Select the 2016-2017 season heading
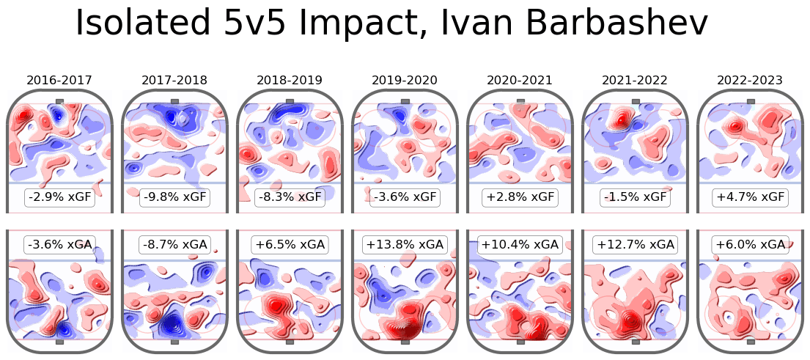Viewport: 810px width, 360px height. (59, 80)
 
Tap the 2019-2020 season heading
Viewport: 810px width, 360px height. (404, 80)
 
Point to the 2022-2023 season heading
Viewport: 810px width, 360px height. (749, 80)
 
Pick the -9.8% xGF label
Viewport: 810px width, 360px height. (174, 197)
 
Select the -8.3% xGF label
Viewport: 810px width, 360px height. (289, 197)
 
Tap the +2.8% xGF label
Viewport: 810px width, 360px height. (519, 197)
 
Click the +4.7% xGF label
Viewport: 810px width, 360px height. (749, 197)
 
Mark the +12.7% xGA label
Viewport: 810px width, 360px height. (634, 244)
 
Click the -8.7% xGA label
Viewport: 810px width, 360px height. (174, 244)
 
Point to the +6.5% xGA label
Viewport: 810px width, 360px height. (289, 244)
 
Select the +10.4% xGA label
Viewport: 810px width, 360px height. (519, 244)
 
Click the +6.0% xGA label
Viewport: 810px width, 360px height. (749, 244)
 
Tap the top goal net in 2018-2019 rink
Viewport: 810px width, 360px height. (289, 101)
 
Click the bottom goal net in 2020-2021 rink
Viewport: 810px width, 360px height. (519, 342)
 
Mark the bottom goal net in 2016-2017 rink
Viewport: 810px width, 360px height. (59, 342)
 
